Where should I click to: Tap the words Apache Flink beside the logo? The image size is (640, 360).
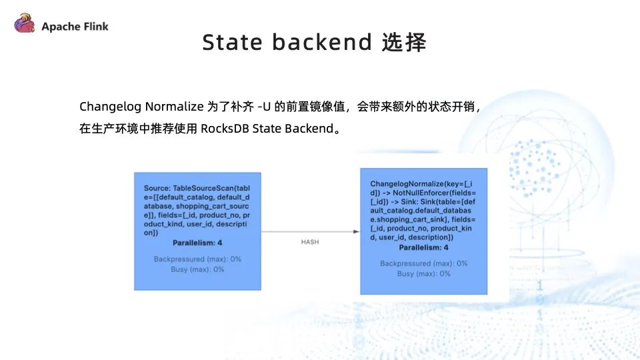click(x=75, y=27)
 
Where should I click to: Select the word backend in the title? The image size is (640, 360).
click(x=321, y=43)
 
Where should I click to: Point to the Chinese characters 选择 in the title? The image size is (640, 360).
click(x=404, y=43)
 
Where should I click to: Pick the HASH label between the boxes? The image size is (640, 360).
click(x=311, y=242)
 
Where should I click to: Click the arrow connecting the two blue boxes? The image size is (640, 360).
click(x=311, y=232)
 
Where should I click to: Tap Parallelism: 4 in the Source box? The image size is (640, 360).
click(x=197, y=243)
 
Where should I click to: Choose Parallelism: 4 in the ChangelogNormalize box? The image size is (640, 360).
click(x=423, y=247)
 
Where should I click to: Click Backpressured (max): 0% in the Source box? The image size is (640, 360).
click(x=197, y=259)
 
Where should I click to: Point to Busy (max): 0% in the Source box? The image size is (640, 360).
click(x=197, y=269)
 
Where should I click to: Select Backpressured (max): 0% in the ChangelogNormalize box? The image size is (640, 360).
click(x=423, y=263)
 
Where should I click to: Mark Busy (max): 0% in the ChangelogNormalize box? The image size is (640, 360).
click(x=423, y=274)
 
